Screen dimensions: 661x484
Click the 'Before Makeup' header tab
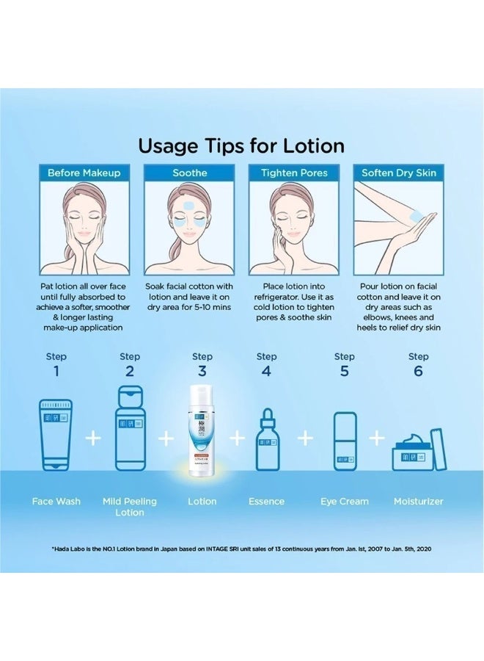point(84,173)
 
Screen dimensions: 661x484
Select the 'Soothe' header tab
point(189,173)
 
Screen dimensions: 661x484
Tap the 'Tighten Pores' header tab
point(294,173)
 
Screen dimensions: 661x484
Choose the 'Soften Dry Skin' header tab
point(399,173)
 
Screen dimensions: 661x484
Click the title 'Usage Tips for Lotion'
point(241,145)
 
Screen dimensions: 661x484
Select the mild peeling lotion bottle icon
point(130,430)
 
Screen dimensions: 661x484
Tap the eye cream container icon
point(345,440)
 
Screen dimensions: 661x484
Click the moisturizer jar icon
point(417,450)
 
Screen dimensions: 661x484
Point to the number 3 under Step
point(202,371)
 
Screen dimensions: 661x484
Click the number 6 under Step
point(418,371)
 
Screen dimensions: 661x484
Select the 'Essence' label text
point(266,502)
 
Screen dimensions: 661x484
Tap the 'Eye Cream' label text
point(345,502)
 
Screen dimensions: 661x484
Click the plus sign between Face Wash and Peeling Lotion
point(92,438)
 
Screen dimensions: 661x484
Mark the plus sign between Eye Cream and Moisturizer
point(377,438)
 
